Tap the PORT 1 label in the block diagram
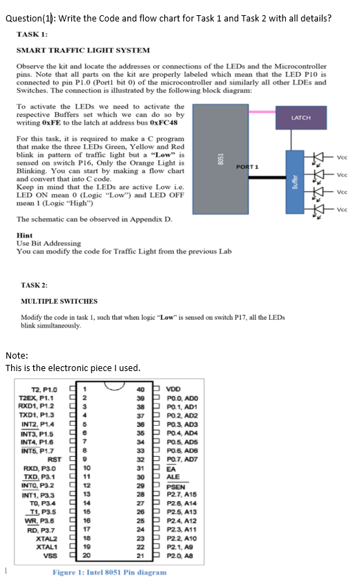(247, 166)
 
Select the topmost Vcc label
(341, 156)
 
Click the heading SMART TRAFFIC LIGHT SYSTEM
(82, 51)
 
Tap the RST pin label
(55, 458)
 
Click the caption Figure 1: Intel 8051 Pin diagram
(109, 573)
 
